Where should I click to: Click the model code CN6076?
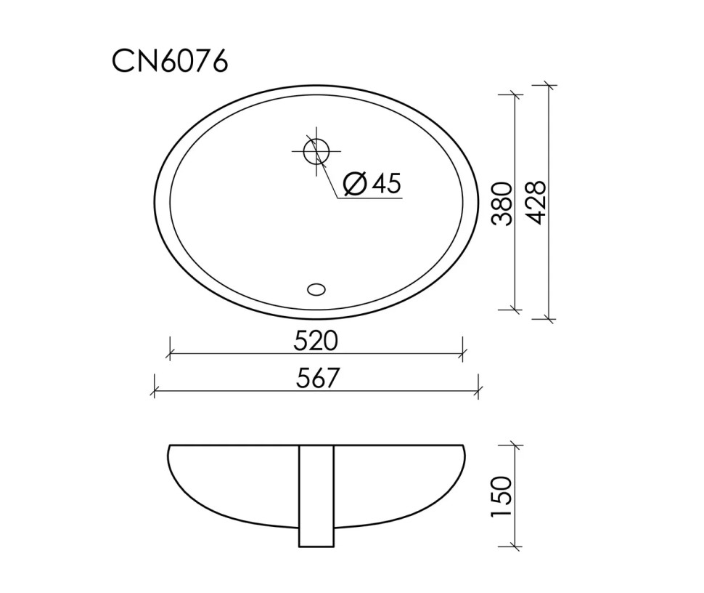point(170,62)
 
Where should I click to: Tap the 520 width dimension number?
point(316,340)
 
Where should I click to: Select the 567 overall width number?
point(316,378)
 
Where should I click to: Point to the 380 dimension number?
point(502,203)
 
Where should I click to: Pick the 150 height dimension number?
point(502,497)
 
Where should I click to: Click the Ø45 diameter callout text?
point(371,184)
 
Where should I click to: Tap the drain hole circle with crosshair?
point(316,151)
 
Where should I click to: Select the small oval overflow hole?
point(316,289)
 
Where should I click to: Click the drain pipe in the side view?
point(316,496)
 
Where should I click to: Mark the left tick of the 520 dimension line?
point(169,355)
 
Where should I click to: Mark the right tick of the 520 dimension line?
point(462,355)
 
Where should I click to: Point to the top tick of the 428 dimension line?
point(548,86)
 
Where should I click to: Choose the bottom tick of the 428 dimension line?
point(548,318)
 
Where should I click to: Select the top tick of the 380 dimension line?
point(515,94)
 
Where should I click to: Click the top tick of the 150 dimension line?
point(515,445)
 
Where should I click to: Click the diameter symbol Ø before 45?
point(354,184)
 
